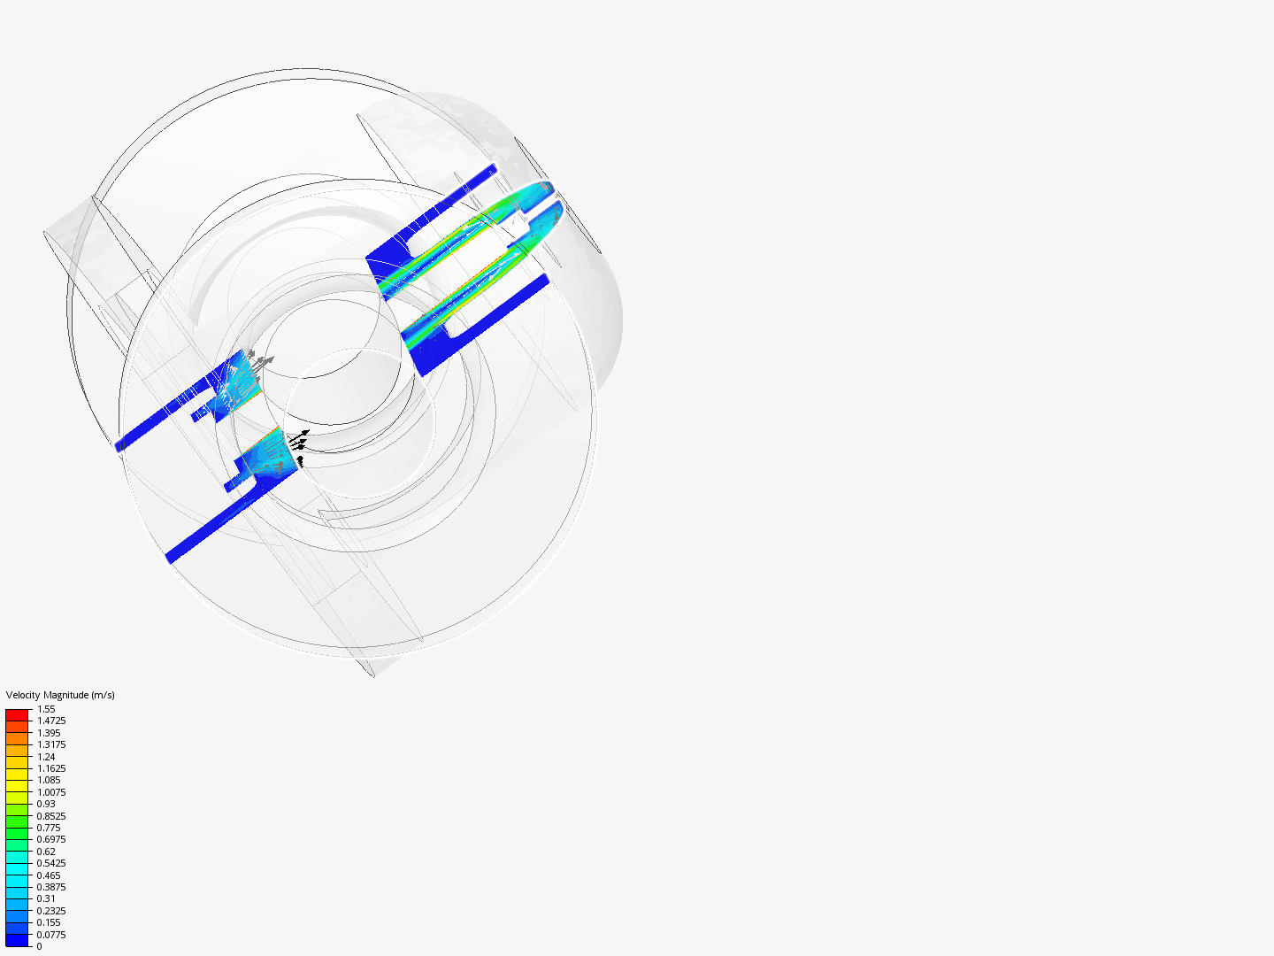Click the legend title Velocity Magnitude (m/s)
(x=60, y=695)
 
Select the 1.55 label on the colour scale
(x=46, y=709)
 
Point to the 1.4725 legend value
(x=51, y=721)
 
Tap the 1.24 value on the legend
(x=46, y=757)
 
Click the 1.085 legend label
(x=49, y=780)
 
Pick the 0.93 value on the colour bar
(x=46, y=804)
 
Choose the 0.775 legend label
(x=49, y=828)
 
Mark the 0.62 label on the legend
(x=46, y=852)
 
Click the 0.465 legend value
(x=49, y=875)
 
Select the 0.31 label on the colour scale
(x=46, y=898)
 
